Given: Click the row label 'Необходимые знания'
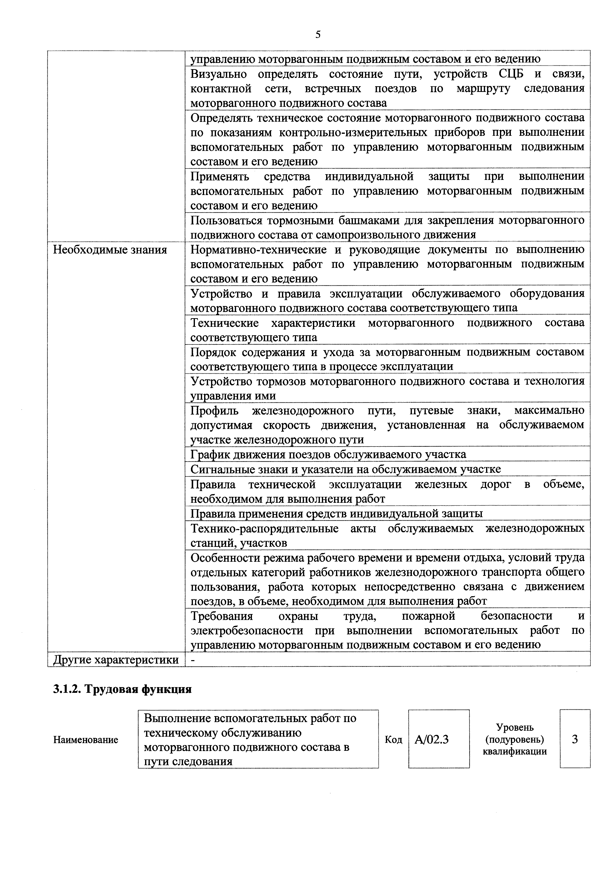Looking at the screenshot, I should pos(110,250).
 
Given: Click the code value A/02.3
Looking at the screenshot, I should pos(432,739).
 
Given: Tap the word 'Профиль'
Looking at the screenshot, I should pos(215,410).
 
